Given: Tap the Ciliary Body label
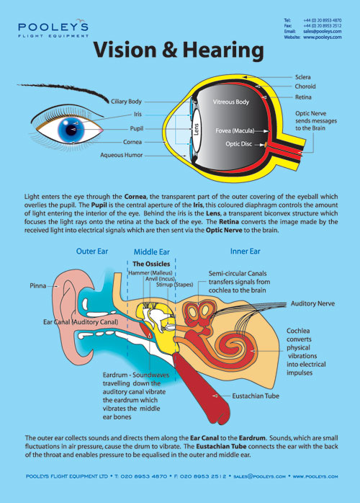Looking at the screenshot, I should coord(127,102).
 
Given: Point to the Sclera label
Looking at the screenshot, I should coord(303,77).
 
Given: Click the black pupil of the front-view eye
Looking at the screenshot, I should coord(73,130).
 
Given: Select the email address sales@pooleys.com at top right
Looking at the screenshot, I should coord(322,32).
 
